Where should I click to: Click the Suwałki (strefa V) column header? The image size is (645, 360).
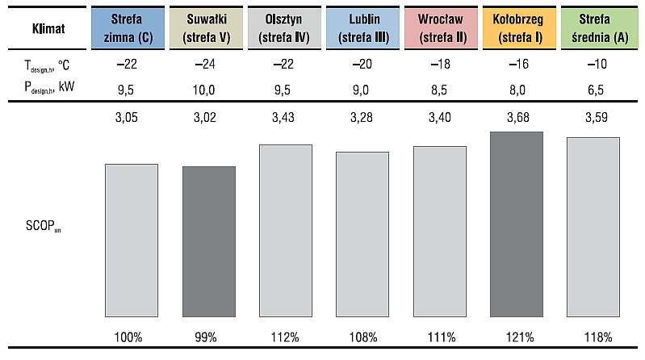coord(206,28)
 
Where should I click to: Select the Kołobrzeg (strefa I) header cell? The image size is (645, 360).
coord(519,28)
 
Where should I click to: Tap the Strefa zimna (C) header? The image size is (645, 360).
coord(128,28)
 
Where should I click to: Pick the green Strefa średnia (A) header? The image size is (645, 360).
coord(599,28)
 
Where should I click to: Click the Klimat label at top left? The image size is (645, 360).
coord(48,29)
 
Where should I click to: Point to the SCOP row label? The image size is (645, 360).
coord(44,226)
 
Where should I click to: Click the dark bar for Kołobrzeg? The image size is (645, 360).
coord(517,224)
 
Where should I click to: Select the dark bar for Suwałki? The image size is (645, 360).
coord(209,241)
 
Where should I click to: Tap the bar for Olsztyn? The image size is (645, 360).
coord(286,231)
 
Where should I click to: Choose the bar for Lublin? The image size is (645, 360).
coord(362,235)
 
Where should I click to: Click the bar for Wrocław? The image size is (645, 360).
coord(440,232)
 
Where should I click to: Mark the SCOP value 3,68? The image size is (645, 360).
coord(518,118)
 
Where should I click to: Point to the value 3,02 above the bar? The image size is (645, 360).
coord(205,118)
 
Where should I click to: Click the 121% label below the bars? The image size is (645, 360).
coord(520,337)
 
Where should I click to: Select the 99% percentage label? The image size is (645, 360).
coord(206,337)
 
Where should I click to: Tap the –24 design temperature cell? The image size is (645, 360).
coord(205,65)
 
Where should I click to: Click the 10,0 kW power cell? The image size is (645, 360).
coord(203,90)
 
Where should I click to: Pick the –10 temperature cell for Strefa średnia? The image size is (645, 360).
coord(597,65)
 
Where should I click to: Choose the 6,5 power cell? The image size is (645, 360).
coord(596,90)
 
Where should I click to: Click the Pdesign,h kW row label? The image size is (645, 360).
coord(49,87)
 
